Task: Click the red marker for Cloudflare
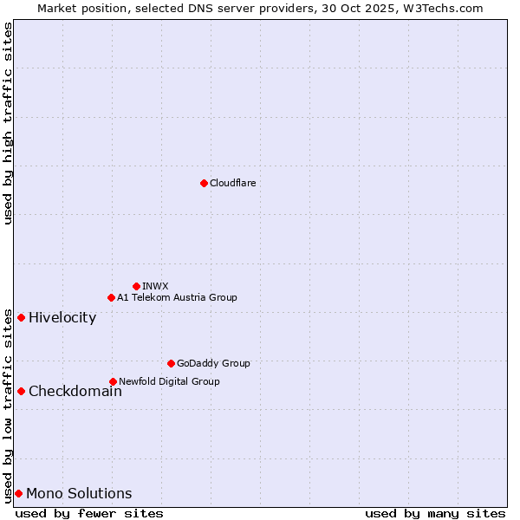(x=204, y=183)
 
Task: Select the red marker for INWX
(x=136, y=286)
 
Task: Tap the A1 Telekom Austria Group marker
(x=111, y=297)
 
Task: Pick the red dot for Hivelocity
(x=21, y=317)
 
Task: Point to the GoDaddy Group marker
(x=171, y=363)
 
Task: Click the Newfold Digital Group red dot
(x=113, y=381)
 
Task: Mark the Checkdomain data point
(x=21, y=391)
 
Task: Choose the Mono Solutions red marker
(x=18, y=493)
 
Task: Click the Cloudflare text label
(x=232, y=183)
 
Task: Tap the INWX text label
(x=155, y=286)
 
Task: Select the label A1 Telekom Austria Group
(x=177, y=297)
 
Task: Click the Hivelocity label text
(x=62, y=317)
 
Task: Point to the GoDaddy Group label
(x=213, y=363)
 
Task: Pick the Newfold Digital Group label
(x=169, y=381)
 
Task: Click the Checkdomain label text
(x=75, y=391)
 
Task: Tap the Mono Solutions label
(x=79, y=493)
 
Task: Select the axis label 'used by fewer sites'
(x=89, y=513)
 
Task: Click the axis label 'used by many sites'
(x=435, y=513)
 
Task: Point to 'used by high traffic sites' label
(x=8, y=123)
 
